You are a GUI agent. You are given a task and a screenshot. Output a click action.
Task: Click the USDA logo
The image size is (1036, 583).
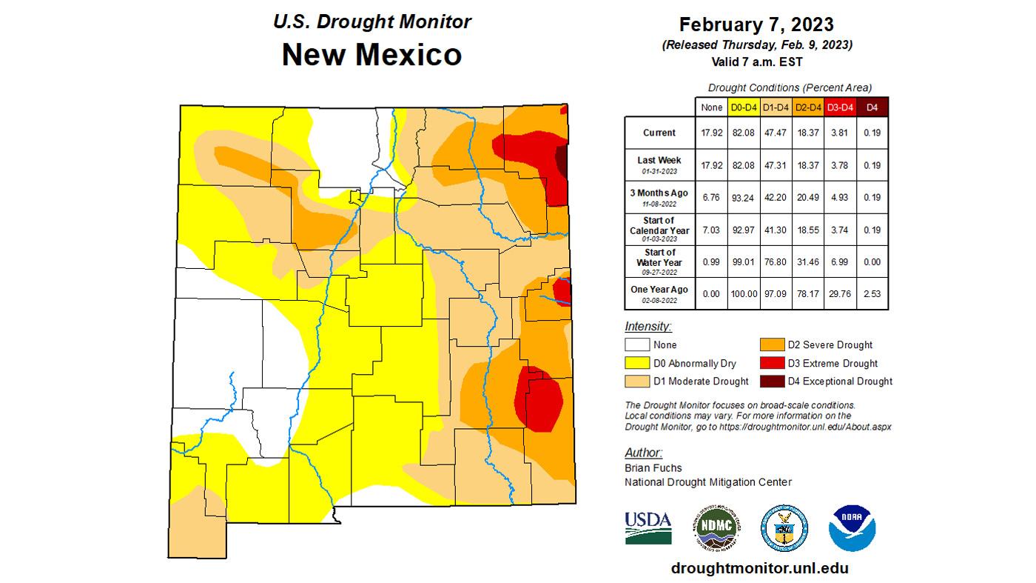tap(648, 527)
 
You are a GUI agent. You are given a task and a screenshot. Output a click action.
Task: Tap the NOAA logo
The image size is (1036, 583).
tap(852, 528)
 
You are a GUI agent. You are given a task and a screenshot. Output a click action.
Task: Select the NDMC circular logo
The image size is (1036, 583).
tap(716, 528)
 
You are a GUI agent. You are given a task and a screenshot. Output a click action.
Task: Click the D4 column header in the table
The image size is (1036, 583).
tap(872, 107)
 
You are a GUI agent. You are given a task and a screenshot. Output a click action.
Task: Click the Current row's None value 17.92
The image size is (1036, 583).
tap(711, 133)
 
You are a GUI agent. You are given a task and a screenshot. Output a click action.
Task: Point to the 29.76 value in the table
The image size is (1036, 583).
tap(841, 294)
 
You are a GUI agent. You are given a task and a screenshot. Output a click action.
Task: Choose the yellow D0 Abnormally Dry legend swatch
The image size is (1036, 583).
tap(636, 363)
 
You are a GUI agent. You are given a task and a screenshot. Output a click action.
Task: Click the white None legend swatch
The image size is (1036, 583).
tap(636, 344)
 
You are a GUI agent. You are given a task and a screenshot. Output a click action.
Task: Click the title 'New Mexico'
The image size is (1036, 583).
tap(371, 55)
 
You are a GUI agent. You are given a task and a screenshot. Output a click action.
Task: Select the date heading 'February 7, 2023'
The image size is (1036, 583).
tap(756, 24)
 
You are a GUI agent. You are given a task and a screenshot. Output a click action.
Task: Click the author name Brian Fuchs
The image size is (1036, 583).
tap(653, 467)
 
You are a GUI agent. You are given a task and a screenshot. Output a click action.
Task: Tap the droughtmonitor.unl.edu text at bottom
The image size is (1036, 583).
tap(759, 568)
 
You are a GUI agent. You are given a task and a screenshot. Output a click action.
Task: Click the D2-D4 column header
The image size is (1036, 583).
tap(808, 107)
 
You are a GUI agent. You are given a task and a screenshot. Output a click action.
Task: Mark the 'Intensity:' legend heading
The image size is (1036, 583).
tap(647, 326)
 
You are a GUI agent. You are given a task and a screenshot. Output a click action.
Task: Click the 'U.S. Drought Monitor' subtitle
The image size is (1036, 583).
tap(371, 21)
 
